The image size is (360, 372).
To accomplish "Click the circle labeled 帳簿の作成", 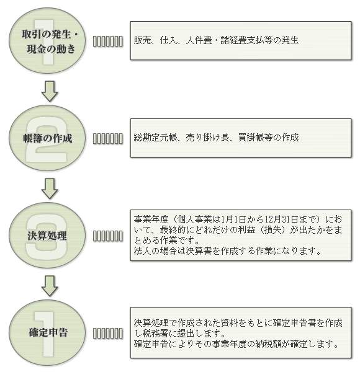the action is [x=47, y=138].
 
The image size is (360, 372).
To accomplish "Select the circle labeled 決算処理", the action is [x=47, y=236].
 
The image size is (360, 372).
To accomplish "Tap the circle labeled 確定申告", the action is [x=47, y=332].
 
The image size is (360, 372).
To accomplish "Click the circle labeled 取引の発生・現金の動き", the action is [x=47, y=40].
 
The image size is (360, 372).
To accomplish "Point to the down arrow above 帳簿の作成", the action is [x=50, y=91].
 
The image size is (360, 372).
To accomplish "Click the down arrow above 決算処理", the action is [x=50, y=188].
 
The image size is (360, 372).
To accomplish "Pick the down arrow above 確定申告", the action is [x=50, y=286].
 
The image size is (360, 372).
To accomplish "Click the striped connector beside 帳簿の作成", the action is [x=108, y=138].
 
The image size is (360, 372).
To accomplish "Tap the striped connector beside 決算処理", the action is [x=108, y=236].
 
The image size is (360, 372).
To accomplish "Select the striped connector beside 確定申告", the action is [x=108, y=334].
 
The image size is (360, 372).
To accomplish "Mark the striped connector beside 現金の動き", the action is [x=108, y=42].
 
